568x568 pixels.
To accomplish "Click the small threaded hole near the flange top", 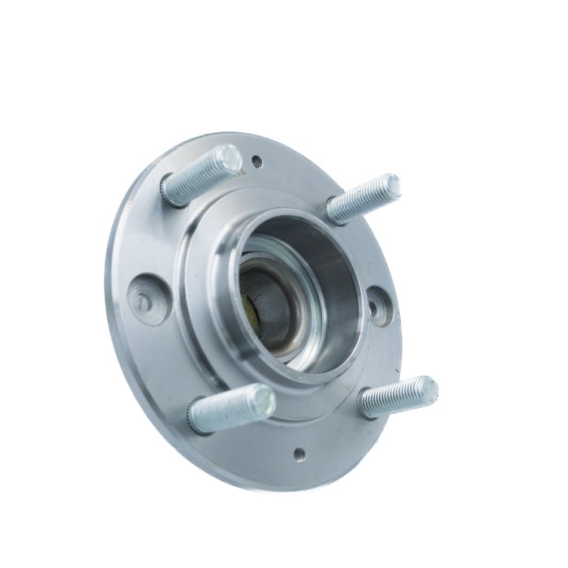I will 257,161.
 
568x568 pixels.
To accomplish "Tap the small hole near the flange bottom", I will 299,454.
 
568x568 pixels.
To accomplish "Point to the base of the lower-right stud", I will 365,406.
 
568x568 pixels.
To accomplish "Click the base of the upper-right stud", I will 333,213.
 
